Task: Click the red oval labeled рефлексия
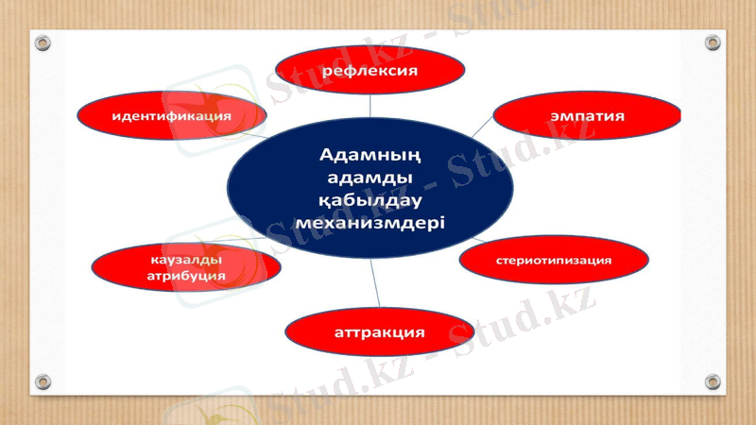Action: pyautogui.click(x=370, y=71)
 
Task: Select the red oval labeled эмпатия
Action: pyautogui.click(x=587, y=116)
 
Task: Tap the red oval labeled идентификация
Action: pyautogui.click(x=171, y=115)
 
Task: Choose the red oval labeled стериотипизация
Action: pyautogui.click(x=554, y=259)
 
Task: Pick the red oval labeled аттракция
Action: pyautogui.click(x=379, y=332)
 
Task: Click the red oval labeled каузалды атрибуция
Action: pyautogui.click(x=186, y=266)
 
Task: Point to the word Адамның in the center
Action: pyautogui.click(x=370, y=154)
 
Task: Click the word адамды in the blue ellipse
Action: pyautogui.click(x=370, y=177)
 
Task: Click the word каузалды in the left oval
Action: pyautogui.click(x=186, y=259)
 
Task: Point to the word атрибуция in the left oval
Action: pyautogui.click(x=186, y=275)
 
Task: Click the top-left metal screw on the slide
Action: pyautogui.click(x=43, y=42)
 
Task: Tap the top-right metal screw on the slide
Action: pyautogui.click(x=713, y=42)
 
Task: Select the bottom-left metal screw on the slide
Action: pyautogui.click(x=43, y=382)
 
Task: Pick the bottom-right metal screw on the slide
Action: pyautogui.click(x=713, y=382)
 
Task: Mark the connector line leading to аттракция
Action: pyautogui.click(x=374, y=284)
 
